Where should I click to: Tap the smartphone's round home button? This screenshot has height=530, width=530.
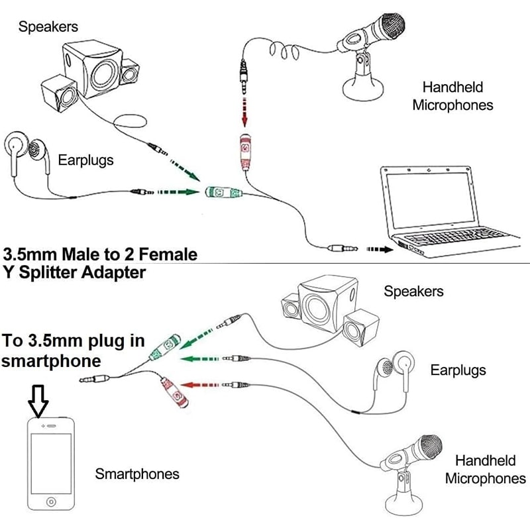pyautogui.click(x=50, y=503)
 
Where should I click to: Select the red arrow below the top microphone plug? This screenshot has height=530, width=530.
pyautogui.click(x=245, y=115)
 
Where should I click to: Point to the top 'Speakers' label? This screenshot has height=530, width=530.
pyautogui.click(x=48, y=27)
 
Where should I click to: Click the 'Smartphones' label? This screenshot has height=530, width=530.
pyautogui.click(x=137, y=474)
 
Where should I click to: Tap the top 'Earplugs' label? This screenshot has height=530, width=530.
pyautogui.click(x=85, y=160)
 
